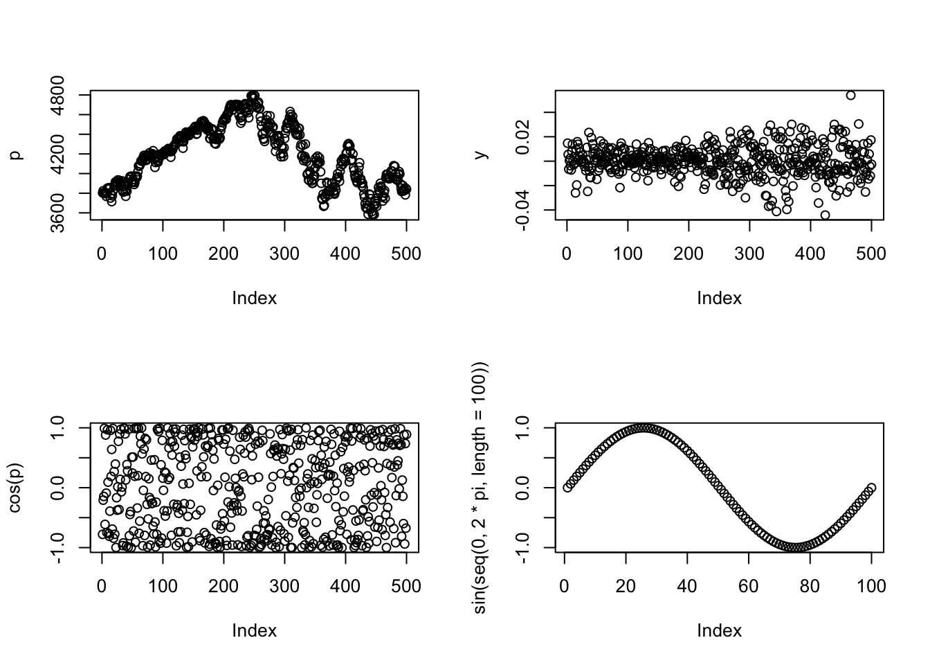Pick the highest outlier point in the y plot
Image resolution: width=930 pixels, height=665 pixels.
point(850,96)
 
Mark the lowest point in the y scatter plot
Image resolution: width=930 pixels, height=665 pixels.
point(825,215)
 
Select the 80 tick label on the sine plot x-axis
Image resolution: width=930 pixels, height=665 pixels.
point(810,586)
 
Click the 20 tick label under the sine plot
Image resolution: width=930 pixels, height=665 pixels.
point(626,586)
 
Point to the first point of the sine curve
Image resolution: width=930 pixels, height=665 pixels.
point(567,488)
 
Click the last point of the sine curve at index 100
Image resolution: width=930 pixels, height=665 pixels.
point(871,488)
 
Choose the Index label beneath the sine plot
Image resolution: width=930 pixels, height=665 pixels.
point(719,630)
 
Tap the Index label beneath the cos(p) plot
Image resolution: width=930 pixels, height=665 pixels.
point(254,630)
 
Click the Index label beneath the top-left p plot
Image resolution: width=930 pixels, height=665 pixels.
point(254,298)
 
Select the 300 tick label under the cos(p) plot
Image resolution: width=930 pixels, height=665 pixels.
point(284,586)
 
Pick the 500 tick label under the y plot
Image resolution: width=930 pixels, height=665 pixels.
point(871,254)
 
